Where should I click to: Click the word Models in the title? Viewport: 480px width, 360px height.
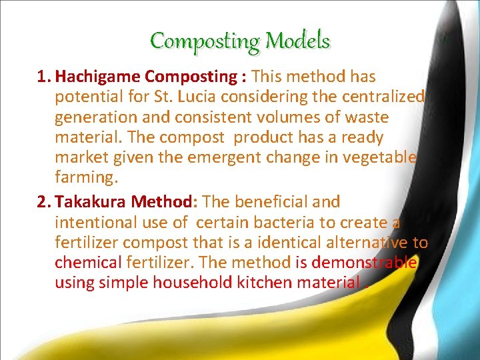click(298, 42)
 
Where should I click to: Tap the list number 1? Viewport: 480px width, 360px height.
click(43, 77)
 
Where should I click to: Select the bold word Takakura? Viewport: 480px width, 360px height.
click(95, 201)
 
